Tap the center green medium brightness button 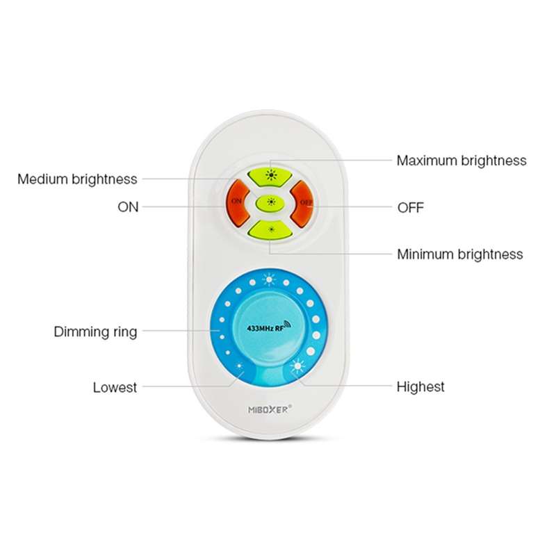pos(270,202)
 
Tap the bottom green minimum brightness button pos(270,230)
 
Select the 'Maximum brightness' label pos(461,161)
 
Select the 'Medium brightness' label pos(77,179)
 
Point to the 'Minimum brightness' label pos(460,254)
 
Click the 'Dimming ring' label pos(95,332)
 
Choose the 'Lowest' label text pos(115,387)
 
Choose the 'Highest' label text pos(420,386)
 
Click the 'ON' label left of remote pos(128,207)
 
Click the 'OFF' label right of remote pos(411,207)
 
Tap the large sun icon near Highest pos(297,366)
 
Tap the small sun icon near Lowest pos(239,366)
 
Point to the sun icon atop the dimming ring pos(269,280)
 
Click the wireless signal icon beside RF pos(288,325)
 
